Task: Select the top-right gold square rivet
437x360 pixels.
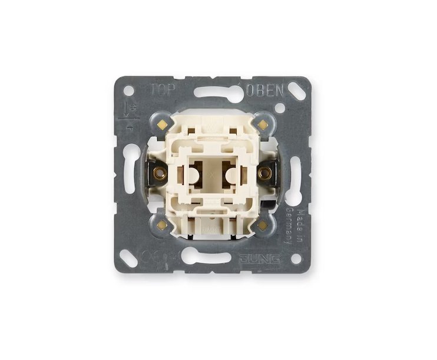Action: pos(262,124)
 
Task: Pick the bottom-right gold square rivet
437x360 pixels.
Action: pos(262,224)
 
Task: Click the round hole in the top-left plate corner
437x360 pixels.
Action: pos(129,90)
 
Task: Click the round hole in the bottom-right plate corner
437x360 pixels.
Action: pos(294,257)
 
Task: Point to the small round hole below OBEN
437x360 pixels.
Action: pos(280,108)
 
